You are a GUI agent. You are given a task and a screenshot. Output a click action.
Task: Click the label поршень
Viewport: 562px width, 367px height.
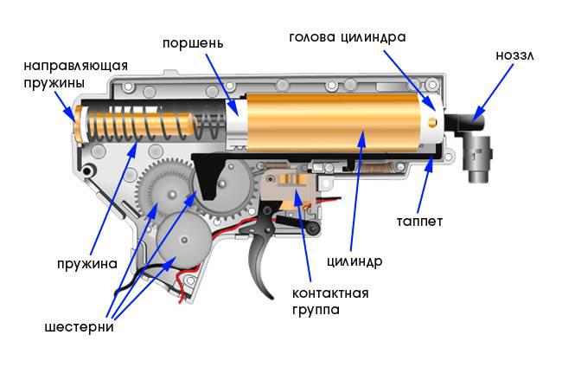pos(194,42)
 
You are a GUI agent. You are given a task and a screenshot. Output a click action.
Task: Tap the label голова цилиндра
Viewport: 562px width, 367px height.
pos(347,38)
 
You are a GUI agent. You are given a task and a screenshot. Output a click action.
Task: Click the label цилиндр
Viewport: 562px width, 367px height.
pos(355,260)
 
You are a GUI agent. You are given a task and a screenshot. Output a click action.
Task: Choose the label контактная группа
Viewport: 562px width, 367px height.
pos(329,300)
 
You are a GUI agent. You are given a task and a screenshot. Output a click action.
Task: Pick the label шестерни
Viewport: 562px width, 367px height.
pos(80,327)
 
